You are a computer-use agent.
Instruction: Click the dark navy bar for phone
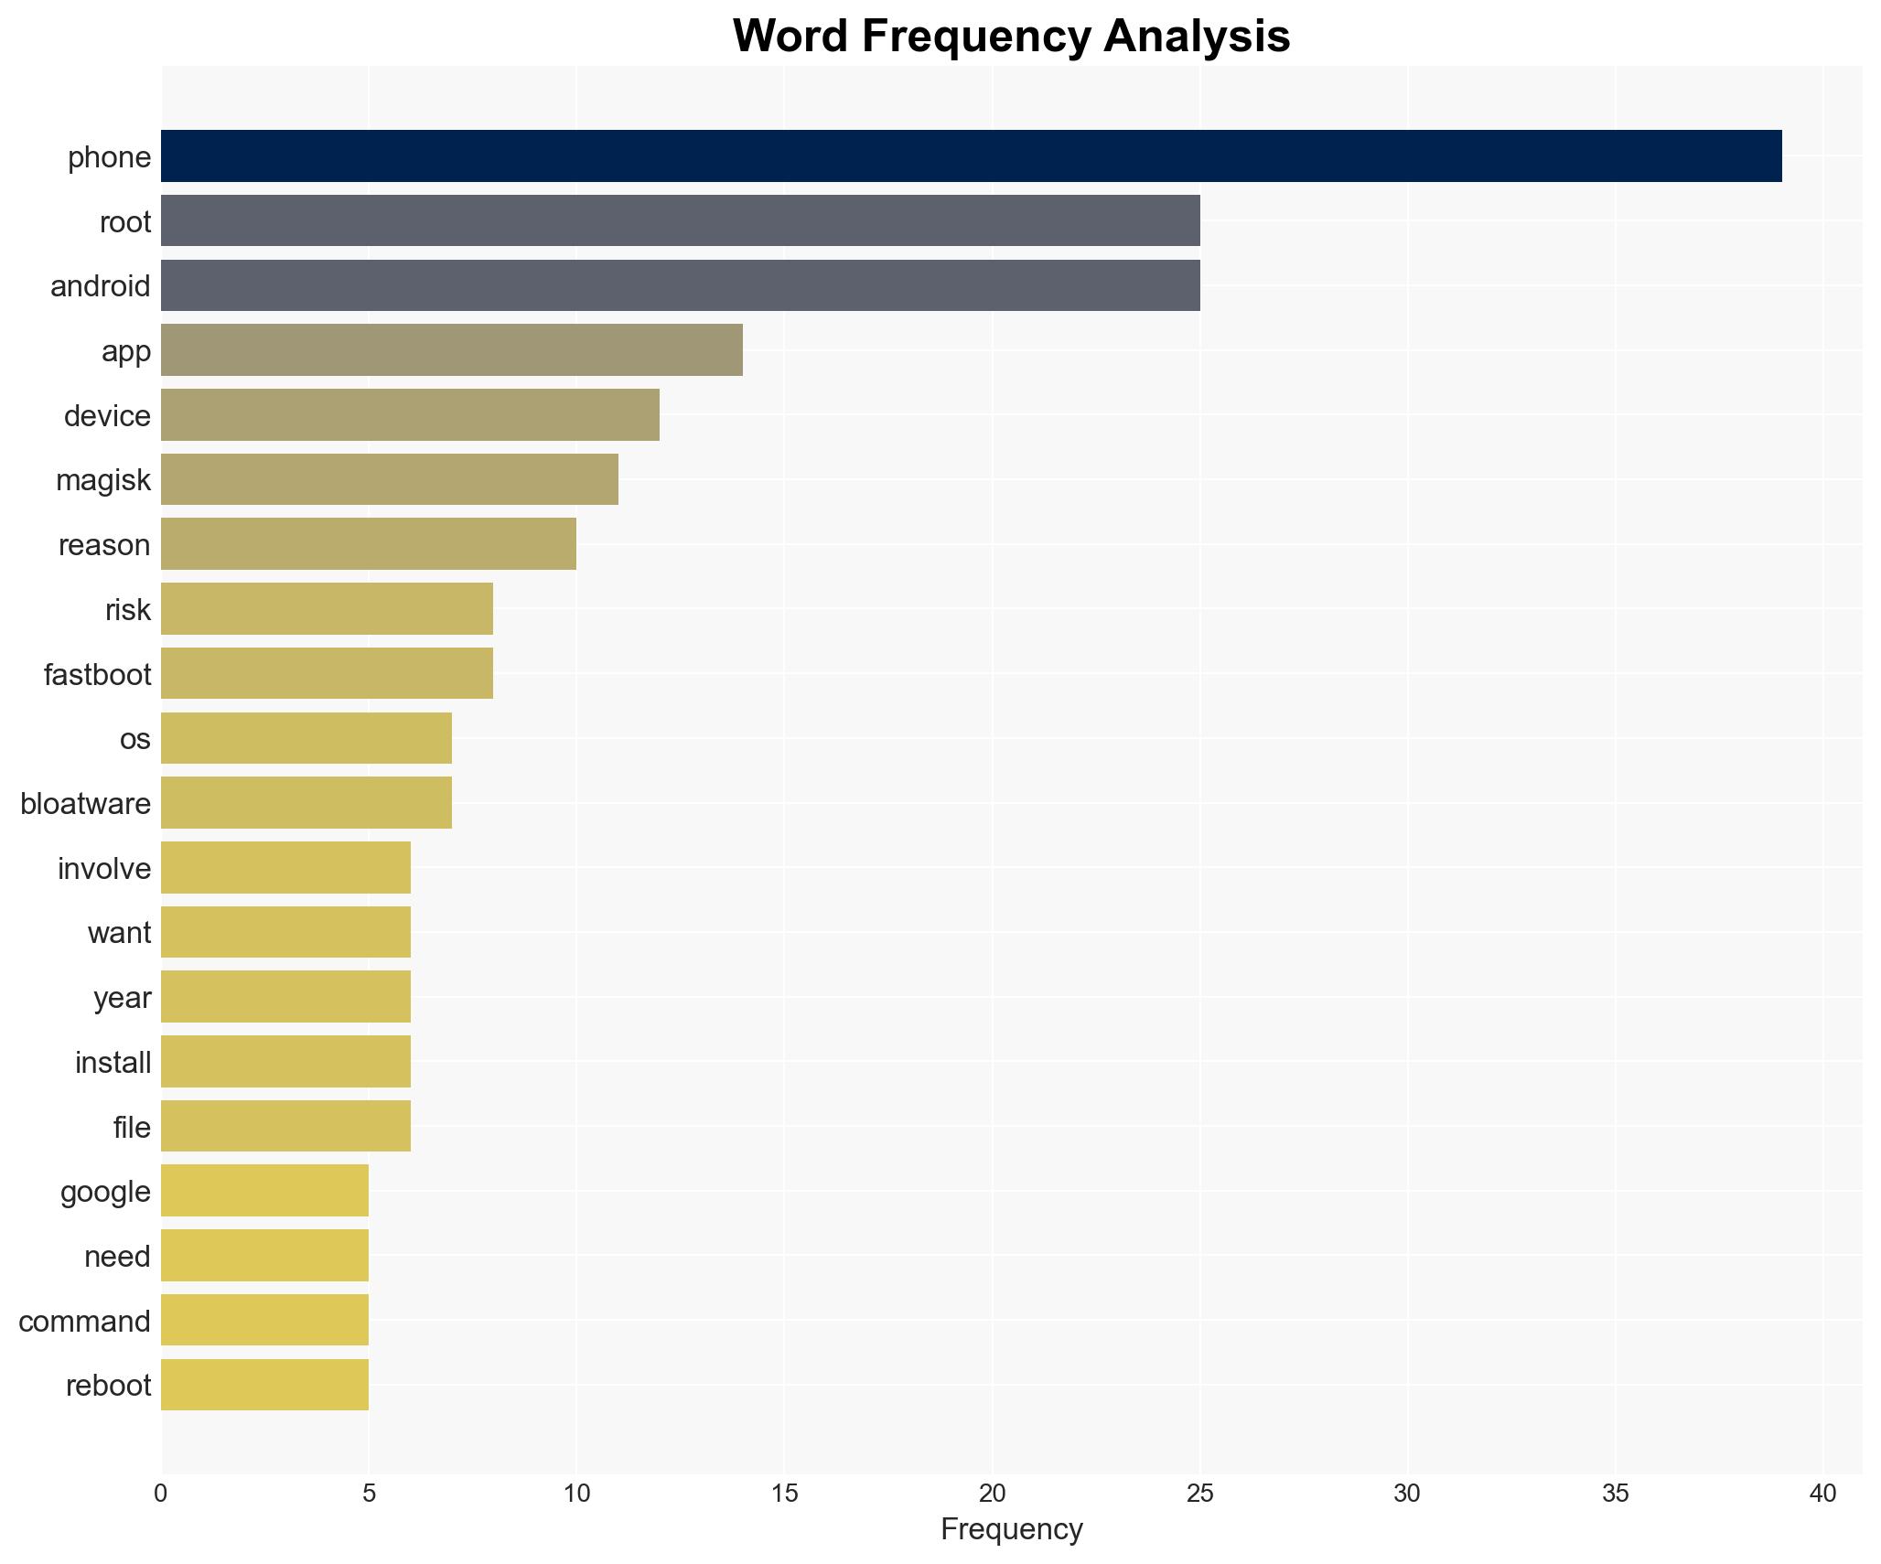(971, 156)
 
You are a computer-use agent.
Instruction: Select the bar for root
(680, 220)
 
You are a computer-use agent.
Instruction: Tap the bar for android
(680, 285)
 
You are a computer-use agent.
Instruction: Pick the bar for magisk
(389, 479)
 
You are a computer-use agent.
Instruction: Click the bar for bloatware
(306, 803)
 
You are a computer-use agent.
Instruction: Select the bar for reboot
(264, 1385)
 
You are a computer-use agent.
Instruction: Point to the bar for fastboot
(327, 673)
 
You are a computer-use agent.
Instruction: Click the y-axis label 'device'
(107, 416)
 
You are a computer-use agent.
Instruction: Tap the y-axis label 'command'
(84, 1322)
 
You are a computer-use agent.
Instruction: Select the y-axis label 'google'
(105, 1192)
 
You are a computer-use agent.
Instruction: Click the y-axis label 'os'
(134, 739)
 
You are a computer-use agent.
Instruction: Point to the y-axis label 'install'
(113, 1063)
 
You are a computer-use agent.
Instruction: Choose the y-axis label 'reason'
(104, 545)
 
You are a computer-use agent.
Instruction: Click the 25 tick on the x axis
(1199, 1494)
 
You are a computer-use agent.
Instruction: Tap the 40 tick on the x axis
(1822, 1494)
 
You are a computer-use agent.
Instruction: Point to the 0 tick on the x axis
(161, 1494)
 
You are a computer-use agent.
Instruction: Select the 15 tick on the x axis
(784, 1494)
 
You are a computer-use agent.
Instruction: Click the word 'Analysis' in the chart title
(1196, 37)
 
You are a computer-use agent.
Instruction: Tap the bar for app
(451, 350)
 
